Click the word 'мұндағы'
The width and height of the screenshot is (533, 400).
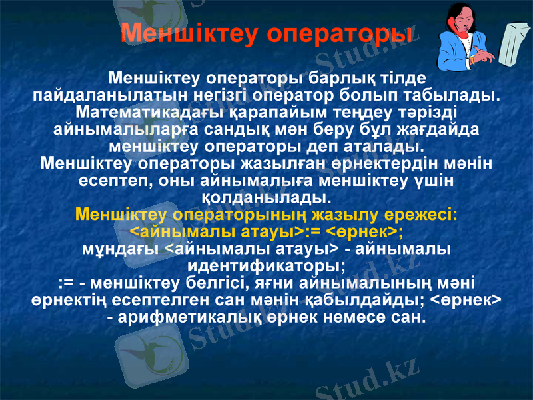click(121, 249)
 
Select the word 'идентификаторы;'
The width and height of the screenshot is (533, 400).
click(266, 267)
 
